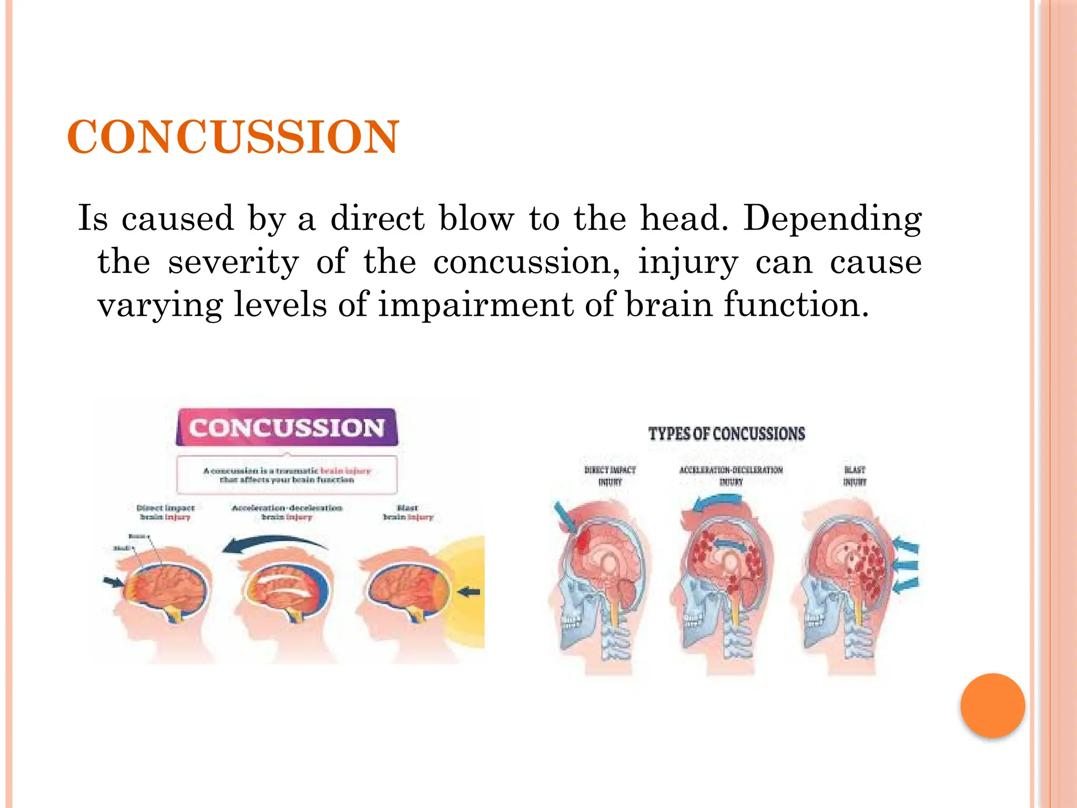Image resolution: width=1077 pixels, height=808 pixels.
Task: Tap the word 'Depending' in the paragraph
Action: click(x=832, y=218)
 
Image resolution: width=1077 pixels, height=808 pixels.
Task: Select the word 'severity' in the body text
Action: click(x=233, y=262)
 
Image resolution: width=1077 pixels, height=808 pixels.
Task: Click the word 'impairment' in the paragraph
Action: click(x=475, y=305)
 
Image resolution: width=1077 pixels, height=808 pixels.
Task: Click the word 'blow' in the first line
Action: click(x=476, y=218)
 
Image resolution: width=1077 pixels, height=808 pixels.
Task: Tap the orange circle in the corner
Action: click(x=992, y=705)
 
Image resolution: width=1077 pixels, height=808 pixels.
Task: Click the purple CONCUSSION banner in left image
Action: click(x=287, y=428)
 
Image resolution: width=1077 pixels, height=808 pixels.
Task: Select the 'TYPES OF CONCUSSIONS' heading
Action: click(x=726, y=434)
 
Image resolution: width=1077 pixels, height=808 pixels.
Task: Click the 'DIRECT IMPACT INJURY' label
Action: click(x=610, y=476)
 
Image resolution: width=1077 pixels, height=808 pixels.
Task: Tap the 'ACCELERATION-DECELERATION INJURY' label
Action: click(x=731, y=476)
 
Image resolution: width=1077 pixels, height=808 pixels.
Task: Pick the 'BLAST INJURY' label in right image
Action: click(x=855, y=476)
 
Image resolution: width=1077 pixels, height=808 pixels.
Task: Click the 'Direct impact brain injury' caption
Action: click(x=165, y=512)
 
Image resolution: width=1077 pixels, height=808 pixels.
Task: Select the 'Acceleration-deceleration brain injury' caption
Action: click(x=287, y=512)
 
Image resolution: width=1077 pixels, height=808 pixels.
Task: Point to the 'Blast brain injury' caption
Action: click(x=408, y=512)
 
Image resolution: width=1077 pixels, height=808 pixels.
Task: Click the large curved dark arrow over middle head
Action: click(x=273, y=543)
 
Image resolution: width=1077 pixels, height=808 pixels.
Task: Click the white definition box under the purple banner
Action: click(x=287, y=474)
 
